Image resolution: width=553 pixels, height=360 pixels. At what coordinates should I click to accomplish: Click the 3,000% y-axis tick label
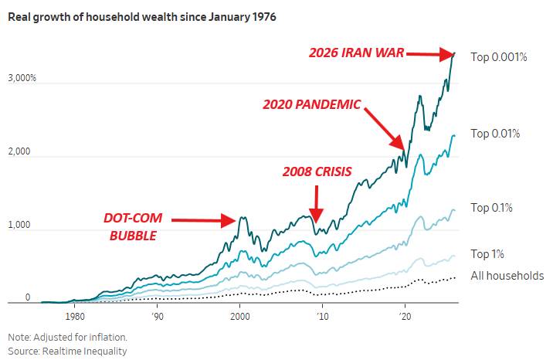[22, 79]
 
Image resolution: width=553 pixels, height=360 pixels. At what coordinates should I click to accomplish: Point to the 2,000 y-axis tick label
[19, 152]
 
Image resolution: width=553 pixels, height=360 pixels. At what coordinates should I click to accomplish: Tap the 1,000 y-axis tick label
[19, 226]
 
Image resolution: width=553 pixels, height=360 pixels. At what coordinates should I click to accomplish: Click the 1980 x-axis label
[74, 316]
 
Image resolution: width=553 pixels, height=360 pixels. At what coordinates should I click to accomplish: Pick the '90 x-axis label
[157, 316]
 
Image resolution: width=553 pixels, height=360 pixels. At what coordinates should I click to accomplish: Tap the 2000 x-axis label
[240, 316]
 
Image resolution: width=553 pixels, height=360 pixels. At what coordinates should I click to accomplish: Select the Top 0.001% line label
[498, 57]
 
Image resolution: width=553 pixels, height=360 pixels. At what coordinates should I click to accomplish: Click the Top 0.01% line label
[495, 134]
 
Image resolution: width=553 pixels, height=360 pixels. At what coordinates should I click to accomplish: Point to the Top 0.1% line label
[492, 208]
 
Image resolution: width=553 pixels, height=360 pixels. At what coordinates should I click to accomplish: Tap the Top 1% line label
[487, 253]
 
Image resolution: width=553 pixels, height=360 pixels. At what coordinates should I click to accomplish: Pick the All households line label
[507, 276]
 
